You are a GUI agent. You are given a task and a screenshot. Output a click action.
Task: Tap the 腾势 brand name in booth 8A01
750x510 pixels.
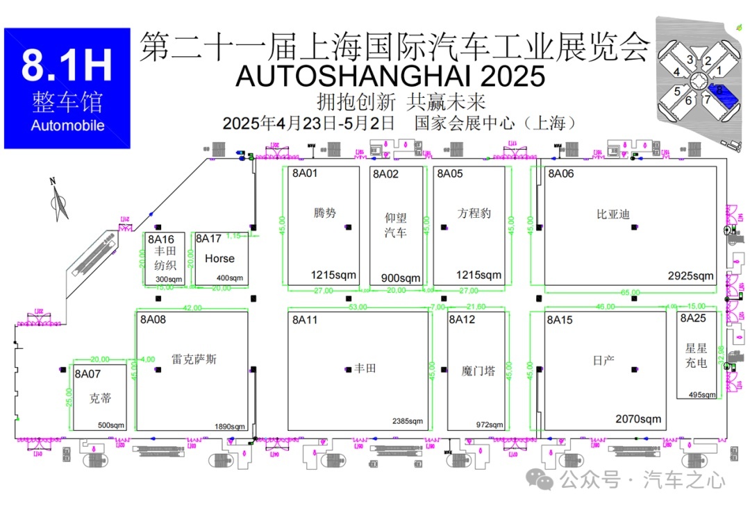tap(324, 212)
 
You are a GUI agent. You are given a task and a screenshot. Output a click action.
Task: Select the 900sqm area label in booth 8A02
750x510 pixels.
tap(401, 278)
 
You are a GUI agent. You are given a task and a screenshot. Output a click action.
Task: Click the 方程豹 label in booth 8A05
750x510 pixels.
tap(474, 212)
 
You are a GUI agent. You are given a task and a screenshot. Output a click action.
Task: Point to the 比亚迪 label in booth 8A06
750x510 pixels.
tap(612, 214)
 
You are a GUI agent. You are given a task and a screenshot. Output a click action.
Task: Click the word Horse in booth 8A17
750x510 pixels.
tap(219, 258)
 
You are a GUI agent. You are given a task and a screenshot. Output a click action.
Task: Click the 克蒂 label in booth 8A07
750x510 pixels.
tap(100, 398)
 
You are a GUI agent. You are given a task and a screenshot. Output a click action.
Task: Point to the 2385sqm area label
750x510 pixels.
tap(407, 421)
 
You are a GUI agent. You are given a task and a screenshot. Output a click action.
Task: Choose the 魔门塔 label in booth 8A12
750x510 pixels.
tap(478, 371)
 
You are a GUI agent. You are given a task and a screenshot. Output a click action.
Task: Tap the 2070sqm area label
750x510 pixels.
tap(638, 419)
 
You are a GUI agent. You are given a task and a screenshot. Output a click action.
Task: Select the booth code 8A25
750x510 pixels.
tap(693, 318)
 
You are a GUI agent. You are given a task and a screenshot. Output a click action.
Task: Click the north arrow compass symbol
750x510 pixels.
tap(59, 197)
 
